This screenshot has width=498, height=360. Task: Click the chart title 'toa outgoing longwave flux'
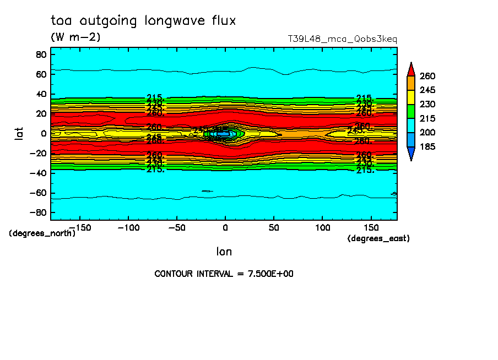[x=143, y=21]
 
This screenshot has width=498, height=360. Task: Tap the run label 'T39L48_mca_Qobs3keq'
[x=342, y=39]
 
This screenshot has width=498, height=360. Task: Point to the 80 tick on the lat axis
[x=40, y=54]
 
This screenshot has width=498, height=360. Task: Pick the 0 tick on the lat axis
[x=43, y=133]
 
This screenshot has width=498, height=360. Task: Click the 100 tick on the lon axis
[x=322, y=227]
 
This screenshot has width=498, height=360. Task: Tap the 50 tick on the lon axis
[x=274, y=227]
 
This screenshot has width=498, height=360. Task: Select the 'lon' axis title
[x=224, y=252]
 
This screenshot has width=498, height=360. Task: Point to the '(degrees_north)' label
[x=42, y=233]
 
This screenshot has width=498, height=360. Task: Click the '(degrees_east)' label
[x=378, y=238]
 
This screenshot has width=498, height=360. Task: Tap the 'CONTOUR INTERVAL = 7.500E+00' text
[x=224, y=274]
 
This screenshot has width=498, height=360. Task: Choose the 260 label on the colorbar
[x=427, y=75]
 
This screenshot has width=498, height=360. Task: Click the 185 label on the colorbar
[x=427, y=147]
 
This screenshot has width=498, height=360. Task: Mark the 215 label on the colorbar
[x=427, y=118]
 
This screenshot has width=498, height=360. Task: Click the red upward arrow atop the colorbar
[x=410, y=69]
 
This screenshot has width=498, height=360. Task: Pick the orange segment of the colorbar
[x=410, y=83]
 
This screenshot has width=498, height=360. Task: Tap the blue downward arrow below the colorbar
[x=410, y=154]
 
